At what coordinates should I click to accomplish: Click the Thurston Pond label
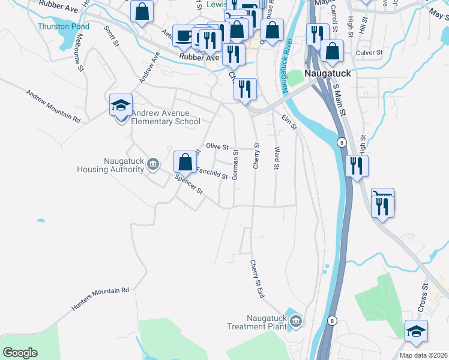[63, 26]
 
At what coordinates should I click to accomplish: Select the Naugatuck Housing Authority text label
[110, 165]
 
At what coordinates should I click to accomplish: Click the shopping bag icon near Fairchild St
[185, 161]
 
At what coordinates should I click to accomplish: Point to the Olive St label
[217, 146]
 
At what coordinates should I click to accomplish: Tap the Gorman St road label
[236, 164]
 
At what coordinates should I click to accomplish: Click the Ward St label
[277, 158]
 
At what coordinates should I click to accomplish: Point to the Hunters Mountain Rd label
[100, 298]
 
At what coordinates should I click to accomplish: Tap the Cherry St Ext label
[257, 279]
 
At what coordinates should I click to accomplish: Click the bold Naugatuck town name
[327, 72]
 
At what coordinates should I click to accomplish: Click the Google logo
[20, 353]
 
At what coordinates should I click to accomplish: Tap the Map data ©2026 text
[423, 355]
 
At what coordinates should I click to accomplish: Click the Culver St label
[369, 53]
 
